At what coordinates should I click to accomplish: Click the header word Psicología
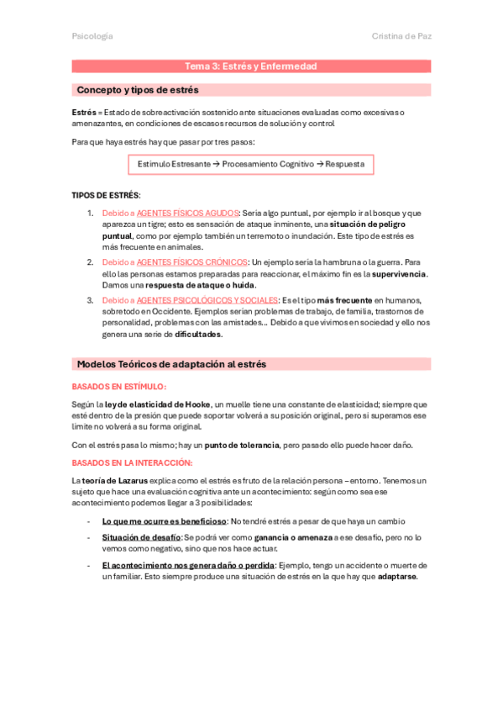click(92, 36)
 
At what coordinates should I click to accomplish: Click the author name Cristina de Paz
click(401, 36)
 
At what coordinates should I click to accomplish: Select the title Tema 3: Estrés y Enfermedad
click(251, 66)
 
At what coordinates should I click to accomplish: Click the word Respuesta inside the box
click(344, 164)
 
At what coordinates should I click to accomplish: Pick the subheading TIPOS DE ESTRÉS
click(106, 195)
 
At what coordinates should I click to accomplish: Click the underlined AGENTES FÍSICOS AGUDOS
click(188, 213)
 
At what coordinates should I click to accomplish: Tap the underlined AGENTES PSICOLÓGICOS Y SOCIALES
click(207, 300)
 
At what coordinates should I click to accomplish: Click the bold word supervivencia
click(399, 273)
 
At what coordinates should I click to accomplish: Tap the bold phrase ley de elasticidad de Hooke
click(157, 404)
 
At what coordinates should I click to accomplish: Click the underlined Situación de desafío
click(141, 536)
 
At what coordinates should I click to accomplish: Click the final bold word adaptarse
click(396, 577)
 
